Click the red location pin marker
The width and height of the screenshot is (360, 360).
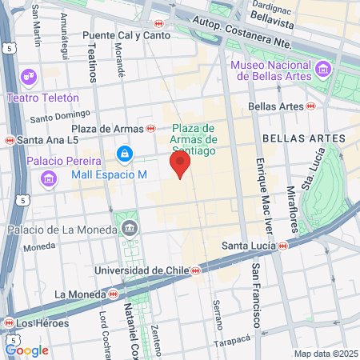181,165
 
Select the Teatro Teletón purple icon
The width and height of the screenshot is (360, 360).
30,78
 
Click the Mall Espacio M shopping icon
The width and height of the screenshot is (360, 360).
124,153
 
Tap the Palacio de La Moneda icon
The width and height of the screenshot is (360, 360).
130,230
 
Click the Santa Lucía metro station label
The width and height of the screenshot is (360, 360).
249,245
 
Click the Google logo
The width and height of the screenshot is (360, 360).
26,350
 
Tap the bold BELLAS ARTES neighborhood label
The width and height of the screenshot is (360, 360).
315,138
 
